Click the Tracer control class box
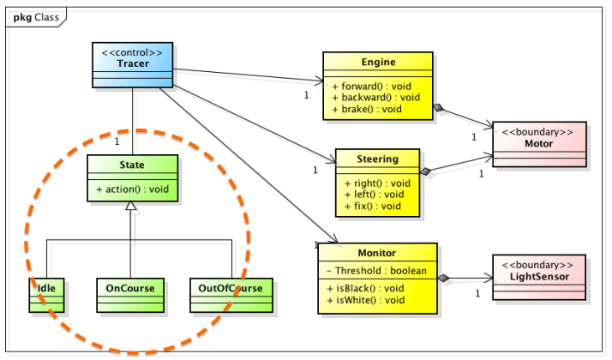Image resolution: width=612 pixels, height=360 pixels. (x=132, y=65)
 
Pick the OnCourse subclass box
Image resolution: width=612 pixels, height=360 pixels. (x=130, y=294)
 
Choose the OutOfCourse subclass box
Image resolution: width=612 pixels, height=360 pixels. (x=231, y=294)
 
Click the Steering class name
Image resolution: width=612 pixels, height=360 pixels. (x=377, y=159)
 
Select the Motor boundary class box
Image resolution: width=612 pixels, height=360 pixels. (x=538, y=142)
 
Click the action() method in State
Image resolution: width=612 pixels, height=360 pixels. (x=132, y=189)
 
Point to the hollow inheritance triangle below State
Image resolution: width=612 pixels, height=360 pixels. (x=131, y=207)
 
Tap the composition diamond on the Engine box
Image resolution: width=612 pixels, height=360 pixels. (x=439, y=108)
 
